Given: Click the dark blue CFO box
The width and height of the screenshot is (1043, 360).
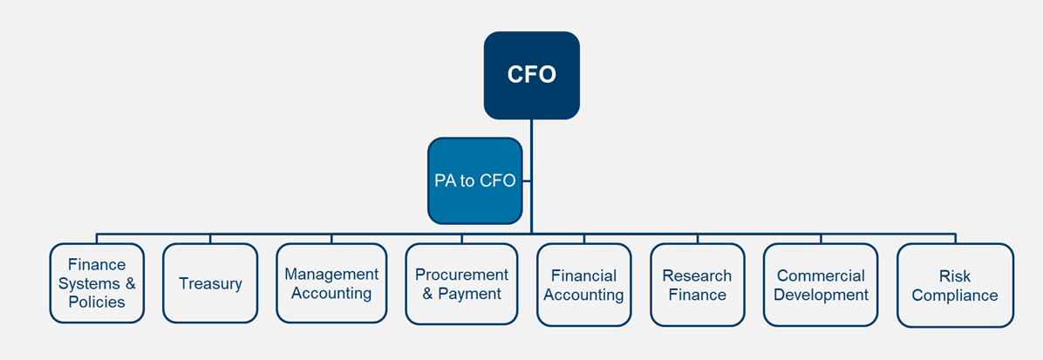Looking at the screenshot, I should (531, 75).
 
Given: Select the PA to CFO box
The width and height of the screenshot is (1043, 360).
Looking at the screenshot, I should (475, 181).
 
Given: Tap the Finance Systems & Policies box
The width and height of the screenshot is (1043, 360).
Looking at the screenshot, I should (97, 283).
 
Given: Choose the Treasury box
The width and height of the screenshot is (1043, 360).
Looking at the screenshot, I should (210, 283).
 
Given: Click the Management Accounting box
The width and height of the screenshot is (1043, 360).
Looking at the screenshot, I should (331, 283).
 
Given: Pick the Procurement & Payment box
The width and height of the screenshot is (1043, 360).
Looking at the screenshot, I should (461, 284).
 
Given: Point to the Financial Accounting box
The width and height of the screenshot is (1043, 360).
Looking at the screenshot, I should (583, 285).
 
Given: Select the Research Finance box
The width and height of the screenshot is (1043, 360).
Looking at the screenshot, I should (697, 285).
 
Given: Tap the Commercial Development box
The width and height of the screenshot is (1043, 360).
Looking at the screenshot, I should (821, 285).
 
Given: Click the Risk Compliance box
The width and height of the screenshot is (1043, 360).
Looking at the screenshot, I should (955, 285).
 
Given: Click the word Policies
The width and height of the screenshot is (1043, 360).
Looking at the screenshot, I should (97, 302).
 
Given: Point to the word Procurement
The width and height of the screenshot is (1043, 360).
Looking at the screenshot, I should (461, 275).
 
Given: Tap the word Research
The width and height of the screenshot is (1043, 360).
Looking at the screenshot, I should (697, 275).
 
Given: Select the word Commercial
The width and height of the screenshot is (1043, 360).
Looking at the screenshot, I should (821, 275).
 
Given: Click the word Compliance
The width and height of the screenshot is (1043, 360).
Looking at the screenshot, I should (955, 295).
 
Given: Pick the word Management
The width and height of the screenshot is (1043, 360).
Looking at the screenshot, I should (331, 274).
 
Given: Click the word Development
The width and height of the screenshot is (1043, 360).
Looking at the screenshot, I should (821, 295).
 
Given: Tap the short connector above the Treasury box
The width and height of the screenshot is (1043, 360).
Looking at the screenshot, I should (210, 238).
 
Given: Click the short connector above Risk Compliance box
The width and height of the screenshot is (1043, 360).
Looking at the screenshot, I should (955, 238).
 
